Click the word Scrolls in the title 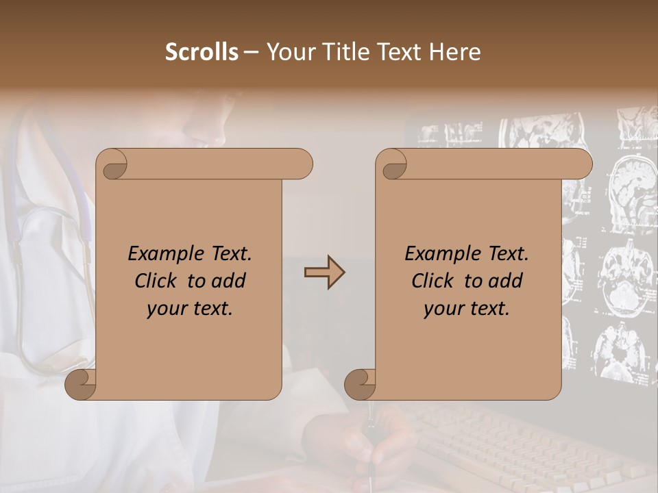(x=202, y=52)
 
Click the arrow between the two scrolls (x=324, y=273)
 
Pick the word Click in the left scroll (x=158, y=281)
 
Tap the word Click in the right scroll (x=435, y=281)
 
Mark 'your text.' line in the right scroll (x=467, y=308)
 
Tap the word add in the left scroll (x=229, y=281)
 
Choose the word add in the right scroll (x=506, y=281)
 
